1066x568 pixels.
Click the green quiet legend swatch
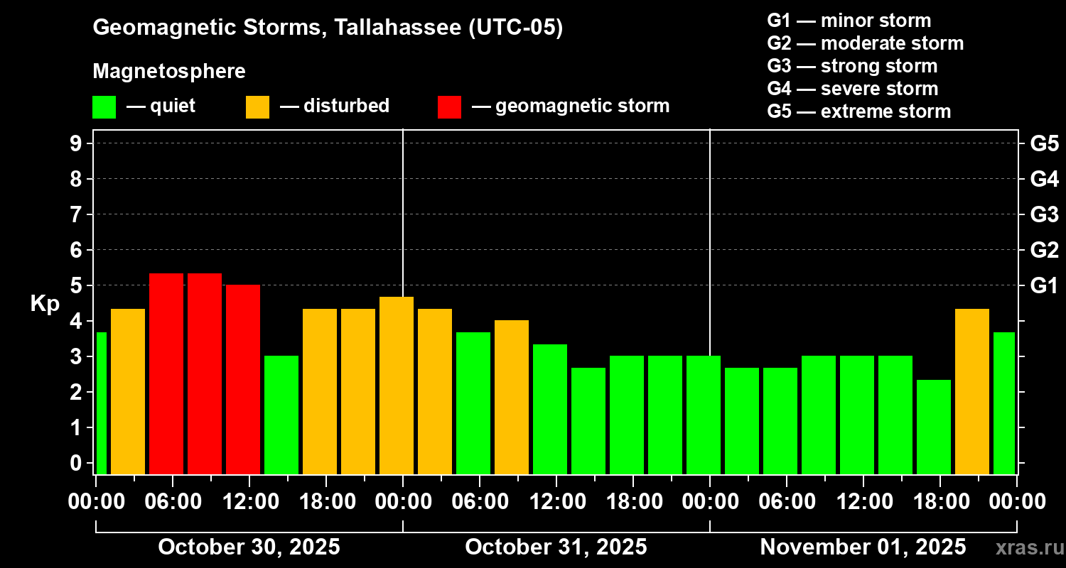pos(104,106)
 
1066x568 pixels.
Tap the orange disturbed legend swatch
pos(257,106)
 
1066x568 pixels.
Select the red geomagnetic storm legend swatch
pos(449,106)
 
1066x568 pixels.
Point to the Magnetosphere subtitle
pos(169,72)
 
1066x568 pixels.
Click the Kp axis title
pos(45,304)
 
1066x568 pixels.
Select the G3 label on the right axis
pos(1044,214)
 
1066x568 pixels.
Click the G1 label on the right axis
pos(1044,286)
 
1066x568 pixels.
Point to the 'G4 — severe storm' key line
pos(852,89)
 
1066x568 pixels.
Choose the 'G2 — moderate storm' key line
pos(865,43)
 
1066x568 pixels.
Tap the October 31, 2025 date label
pos(556,547)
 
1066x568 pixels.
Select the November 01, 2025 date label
pos(863,547)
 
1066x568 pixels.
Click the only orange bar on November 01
pos(971,391)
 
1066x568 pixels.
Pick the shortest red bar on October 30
pos(243,379)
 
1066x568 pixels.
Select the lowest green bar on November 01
pos(933,427)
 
